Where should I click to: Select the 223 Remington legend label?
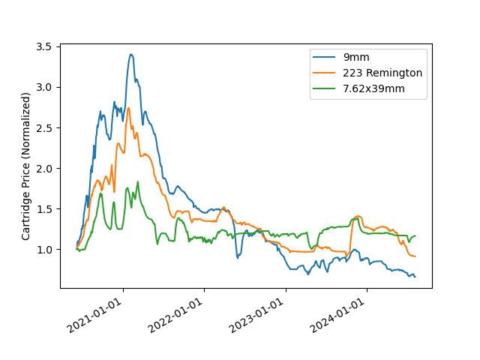click(382, 73)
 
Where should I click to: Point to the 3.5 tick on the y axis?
click(43, 46)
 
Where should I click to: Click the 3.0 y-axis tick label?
click(43, 87)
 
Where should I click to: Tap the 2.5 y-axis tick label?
click(43, 127)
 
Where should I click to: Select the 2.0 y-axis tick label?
click(43, 168)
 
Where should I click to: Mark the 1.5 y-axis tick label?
click(43, 208)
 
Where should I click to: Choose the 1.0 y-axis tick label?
click(43, 249)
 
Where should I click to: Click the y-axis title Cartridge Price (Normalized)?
click(26, 166)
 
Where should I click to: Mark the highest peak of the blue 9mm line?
click(130, 54)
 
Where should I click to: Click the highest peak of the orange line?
click(128, 108)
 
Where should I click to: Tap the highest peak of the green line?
click(137, 181)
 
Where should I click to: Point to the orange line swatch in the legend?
click(325, 73)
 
